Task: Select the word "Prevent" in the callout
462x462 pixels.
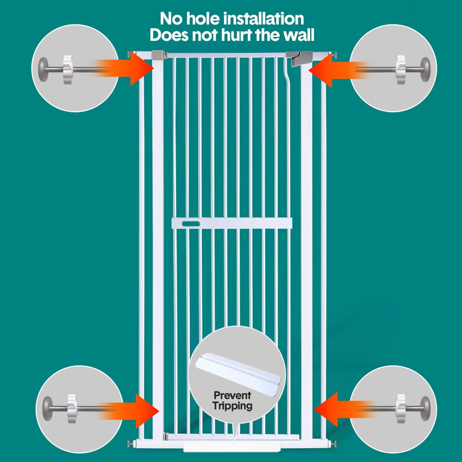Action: point(232,395)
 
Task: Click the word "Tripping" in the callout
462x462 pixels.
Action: point(232,405)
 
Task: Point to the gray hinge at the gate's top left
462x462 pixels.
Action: point(158,55)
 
